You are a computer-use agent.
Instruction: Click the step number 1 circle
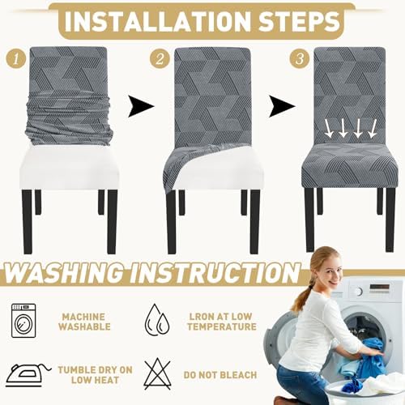tap(16, 59)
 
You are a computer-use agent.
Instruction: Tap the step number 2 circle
tap(160, 59)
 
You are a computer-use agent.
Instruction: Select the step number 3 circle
tap(300, 59)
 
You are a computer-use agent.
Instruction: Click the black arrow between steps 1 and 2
tap(141, 106)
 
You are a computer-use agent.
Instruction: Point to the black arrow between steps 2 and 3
tap(282, 106)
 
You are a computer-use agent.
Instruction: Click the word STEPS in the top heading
tap(299, 22)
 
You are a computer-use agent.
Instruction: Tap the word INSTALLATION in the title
tap(158, 22)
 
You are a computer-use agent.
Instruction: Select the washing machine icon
tap(23, 321)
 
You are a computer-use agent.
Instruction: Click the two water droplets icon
tap(157, 320)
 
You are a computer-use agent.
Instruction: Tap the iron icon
tap(28, 375)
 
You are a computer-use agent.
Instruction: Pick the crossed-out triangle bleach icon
tap(157, 374)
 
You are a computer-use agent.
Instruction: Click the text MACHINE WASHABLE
tap(84, 322)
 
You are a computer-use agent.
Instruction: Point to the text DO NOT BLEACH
tap(220, 375)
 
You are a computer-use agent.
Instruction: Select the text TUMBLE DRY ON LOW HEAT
tap(96, 375)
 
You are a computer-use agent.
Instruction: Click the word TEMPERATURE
tap(222, 326)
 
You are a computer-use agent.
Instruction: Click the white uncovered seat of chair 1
tap(69, 168)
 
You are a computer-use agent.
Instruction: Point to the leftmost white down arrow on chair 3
tap(329, 129)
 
